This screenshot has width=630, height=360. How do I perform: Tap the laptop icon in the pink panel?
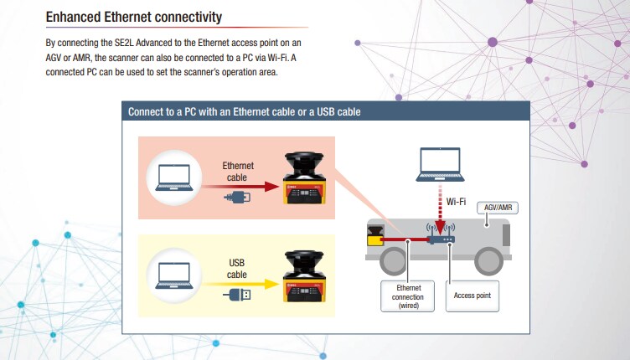point(173,177)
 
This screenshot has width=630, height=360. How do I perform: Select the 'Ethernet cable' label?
point(238,172)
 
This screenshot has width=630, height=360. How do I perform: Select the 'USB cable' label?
point(237,269)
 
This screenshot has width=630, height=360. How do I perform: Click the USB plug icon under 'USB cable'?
point(237,295)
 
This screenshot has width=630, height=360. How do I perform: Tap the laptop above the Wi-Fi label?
point(441,163)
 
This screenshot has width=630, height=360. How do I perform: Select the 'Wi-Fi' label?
point(457,201)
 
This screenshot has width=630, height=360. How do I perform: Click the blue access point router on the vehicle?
point(440,239)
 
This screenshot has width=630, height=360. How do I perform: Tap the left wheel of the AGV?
point(391,262)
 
